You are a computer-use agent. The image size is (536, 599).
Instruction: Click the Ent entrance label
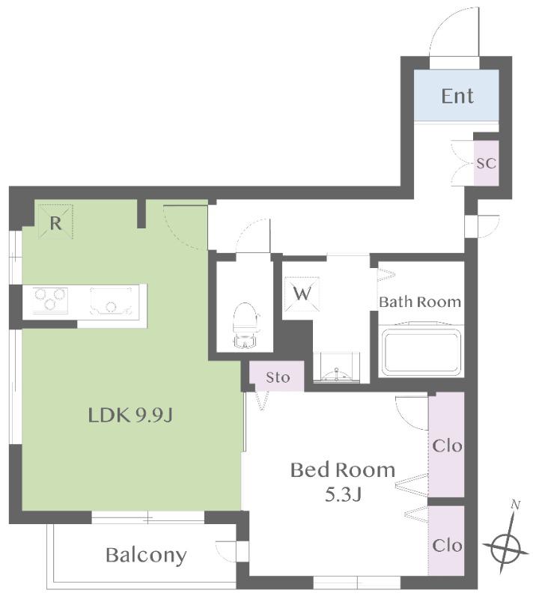tap(457, 96)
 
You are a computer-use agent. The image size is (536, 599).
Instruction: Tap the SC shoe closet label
tap(486, 163)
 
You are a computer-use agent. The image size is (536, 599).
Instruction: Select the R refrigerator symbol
tap(55, 222)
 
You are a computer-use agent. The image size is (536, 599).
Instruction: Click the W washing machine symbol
tap(302, 294)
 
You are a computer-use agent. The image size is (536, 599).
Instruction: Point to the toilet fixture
tap(245, 326)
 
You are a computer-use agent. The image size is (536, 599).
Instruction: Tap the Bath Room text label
tap(420, 302)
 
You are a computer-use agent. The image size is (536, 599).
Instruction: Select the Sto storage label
tap(278, 377)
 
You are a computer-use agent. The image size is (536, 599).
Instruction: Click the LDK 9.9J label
tap(130, 415)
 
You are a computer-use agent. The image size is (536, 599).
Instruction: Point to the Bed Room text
tap(343, 470)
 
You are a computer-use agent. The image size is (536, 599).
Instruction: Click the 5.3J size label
tap(343, 495)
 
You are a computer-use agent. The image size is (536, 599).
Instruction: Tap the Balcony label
tap(146, 556)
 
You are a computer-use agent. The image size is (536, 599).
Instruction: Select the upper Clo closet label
tap(447, 446)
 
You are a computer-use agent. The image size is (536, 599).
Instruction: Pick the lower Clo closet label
tap(447, 545)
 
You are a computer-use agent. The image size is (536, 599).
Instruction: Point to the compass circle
tap(505, 549)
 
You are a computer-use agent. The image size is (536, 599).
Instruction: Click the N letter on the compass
tap(515, 505)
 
